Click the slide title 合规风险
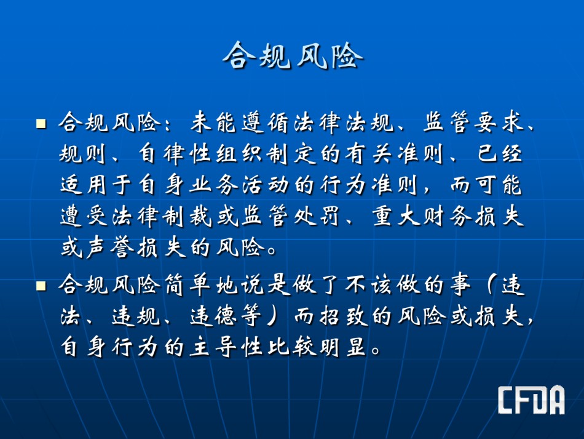(x=293, y=56)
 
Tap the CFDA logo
(x=532, y=400)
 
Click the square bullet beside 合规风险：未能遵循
(x=41, y=124)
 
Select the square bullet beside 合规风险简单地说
(x=41, y=286)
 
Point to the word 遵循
(x=267, y=123)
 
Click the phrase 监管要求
(x=474, y=123)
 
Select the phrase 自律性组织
(x=201, y=154)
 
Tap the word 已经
(x=499, y=154)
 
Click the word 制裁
(x=187, y=216)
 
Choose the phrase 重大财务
(x=422, y=216)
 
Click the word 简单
(x=187, y=285)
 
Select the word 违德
(x=213, y=316)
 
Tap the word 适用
(x=84, y=185)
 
